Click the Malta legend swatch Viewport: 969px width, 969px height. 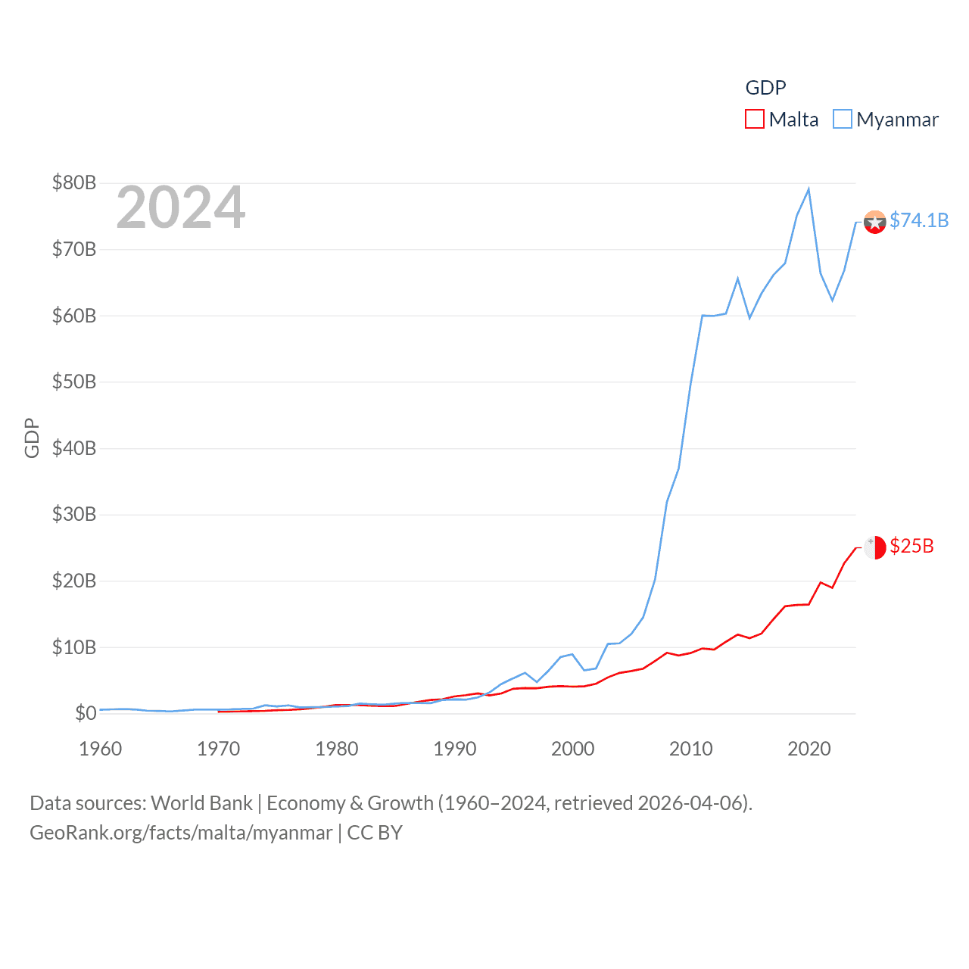pyautogui.click(x=755, y=120)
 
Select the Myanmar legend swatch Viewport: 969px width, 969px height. pyautogui.click(x=843, y=120)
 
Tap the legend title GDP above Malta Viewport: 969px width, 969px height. pyautogui.click(x=765, y=88)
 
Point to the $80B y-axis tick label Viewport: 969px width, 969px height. pyautogui.click(x=74, y=182)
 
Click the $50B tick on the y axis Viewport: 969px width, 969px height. pyautogui.click(x=74, y=382)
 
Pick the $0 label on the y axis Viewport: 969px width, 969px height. pyautogui.click(x=86, y=713)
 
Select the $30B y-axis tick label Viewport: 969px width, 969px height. pyautogui.click(x=74, y=514)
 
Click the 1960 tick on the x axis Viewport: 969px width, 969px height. pyautogui.click(x=101, y=749)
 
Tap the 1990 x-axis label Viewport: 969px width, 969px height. pyautogui.click(x=455, y=749)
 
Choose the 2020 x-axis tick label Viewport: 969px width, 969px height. pyautogui.click(x=809, y=749)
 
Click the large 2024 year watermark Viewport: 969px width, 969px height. pyautogui.click(x=181, y=207)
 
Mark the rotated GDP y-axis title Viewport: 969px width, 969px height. pyautogui.click(x=32, y=438)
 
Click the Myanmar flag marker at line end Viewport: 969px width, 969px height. pyautogui.click(x=874, y=222)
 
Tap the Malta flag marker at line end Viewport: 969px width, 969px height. pyautogui.click(x=874, y=547)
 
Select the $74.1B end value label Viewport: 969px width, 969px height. pyautogui.click(x=919, y=220)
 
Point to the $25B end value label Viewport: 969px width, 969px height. pyautogui.click(x=911, y=546)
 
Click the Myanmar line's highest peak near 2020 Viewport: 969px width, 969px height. pyautogui.click(x=809, y=189)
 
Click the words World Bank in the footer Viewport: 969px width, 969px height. pyautogui.click(x=202, y=802)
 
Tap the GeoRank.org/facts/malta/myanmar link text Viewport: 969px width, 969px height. pyautogui.click(x=181, y=833)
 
